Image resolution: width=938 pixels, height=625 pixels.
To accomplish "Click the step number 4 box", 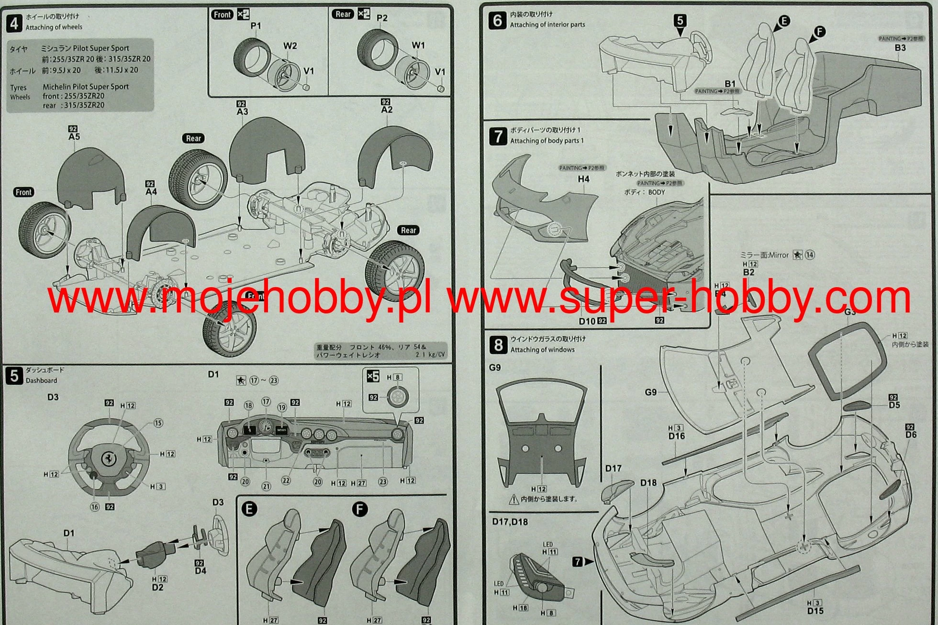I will coord(14,22).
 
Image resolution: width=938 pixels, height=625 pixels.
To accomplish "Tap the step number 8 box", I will coord(498,345).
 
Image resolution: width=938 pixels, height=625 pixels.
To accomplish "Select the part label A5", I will coord(74,137).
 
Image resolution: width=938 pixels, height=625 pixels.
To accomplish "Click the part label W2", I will coord(290,46).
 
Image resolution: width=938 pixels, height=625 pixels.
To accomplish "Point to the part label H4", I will coord(583,179).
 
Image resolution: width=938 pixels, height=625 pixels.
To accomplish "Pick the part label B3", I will coord(900,48).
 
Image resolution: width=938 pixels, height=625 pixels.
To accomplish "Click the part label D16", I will coord(677,436).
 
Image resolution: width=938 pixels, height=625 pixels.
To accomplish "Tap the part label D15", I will coord(815,611).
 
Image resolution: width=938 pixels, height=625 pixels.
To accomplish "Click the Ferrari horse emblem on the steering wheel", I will coord(109,458).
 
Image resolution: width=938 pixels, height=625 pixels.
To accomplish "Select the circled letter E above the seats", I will coord(783,21).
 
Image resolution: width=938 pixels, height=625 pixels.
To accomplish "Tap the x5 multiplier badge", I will coord(372,377).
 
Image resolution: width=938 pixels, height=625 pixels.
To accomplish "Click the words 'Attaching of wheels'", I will coord(54,27).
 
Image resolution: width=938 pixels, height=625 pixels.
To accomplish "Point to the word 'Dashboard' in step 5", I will coord(41,380).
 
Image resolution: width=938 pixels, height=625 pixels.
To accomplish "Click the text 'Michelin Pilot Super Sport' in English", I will coord(86,87).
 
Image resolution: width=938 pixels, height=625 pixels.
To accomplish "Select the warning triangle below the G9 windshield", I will coord(514,500).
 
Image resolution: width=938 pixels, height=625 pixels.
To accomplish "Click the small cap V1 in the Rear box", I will coord(441,89).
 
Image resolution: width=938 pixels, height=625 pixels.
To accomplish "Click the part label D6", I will coord(911,435).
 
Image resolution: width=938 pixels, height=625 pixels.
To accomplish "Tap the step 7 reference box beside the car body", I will coord(578,561).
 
